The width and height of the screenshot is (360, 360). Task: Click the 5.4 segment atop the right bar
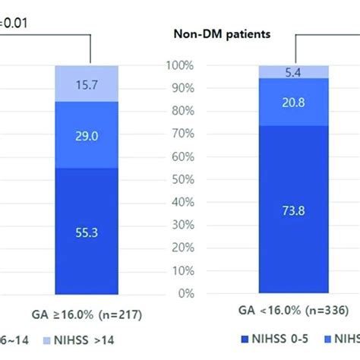(x=294, y=71)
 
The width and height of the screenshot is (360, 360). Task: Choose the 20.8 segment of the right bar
(x=294, y=101)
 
